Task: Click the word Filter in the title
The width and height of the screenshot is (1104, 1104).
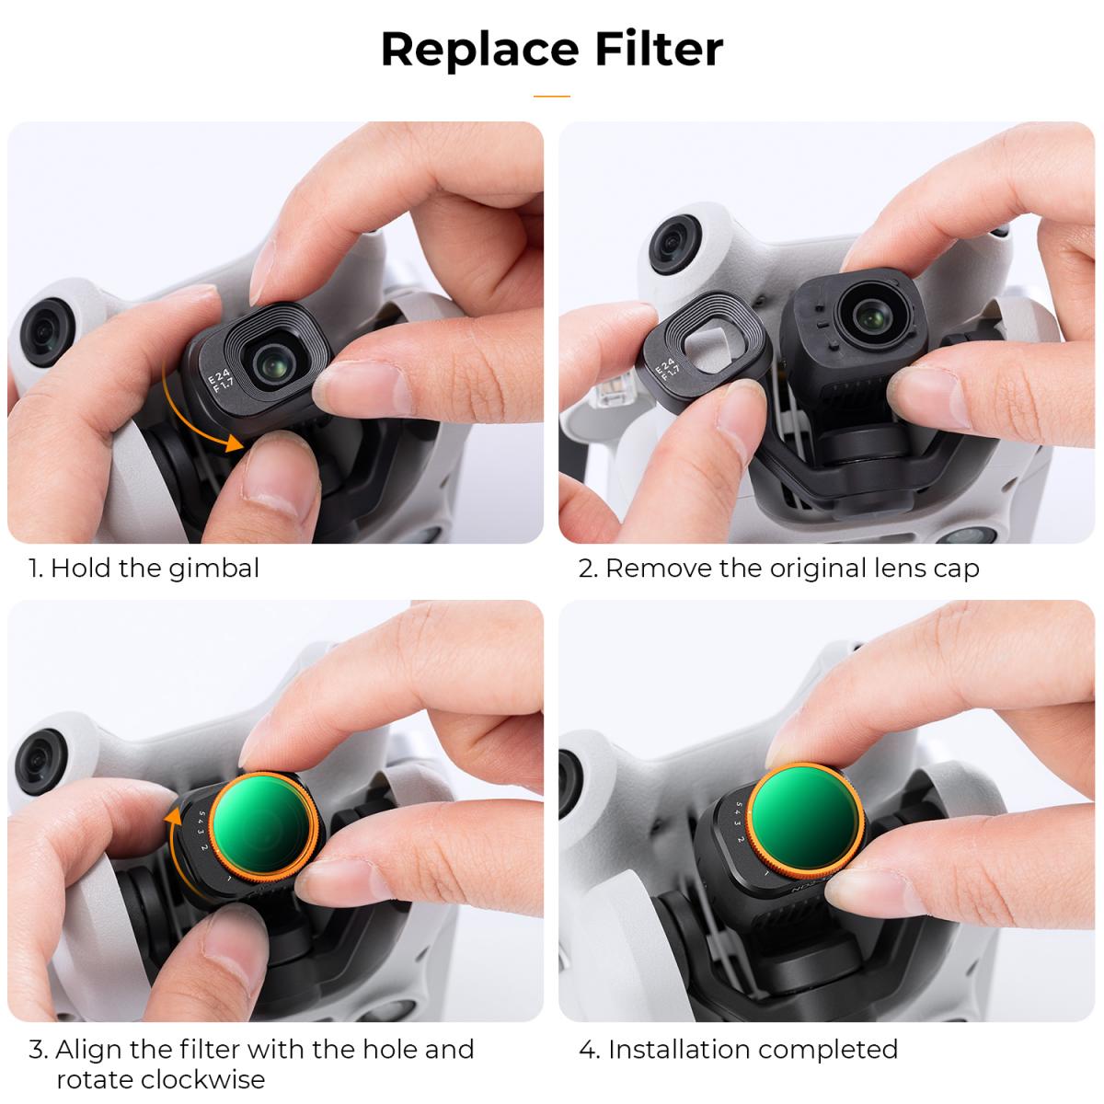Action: [x=658, y=49]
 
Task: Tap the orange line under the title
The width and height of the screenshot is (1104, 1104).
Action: [x=551, y=96]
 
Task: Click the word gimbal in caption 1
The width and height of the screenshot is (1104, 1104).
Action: [x=214, y=569]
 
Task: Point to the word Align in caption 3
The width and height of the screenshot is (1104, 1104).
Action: [x=85, y=1049]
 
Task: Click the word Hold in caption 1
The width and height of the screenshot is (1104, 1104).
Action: [x=77, y=569]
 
